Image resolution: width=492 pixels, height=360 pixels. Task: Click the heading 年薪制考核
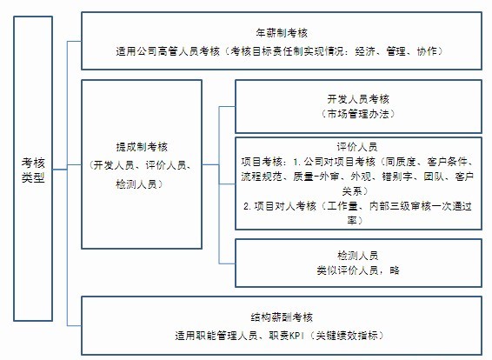(x=282, y=33)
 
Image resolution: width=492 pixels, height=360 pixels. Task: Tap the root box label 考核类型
(x=33, y=170)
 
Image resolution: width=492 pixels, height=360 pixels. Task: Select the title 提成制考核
(x=142, y=147)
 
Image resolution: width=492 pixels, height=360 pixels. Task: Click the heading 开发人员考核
(x=358, y=99)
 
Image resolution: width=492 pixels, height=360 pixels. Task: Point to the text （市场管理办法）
(x=358, y=114)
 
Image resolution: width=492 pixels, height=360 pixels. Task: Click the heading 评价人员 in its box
(x=357, y=147)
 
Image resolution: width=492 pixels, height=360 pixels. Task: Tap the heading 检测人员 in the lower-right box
(x=358, y=256)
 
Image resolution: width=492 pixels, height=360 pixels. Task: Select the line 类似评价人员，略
(x=358, y=270)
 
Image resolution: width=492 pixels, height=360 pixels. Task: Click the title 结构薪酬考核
(x=282, y=317)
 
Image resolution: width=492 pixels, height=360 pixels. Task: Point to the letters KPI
(x=296, y=336)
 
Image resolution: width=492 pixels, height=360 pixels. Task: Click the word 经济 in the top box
(x=365, y=50)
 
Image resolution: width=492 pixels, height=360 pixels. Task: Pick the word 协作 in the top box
(x=427, y=50)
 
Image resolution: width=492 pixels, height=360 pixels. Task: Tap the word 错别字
(x=397, y=177)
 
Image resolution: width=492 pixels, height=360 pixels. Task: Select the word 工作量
(x=342, y=206)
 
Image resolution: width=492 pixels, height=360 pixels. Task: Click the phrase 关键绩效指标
(x=347, y=336)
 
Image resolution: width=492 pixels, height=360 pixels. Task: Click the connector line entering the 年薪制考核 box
(x=75, y=41)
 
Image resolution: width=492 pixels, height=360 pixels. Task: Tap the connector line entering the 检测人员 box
(x=227, y=263)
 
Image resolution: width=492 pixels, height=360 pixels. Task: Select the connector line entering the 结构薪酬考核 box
(x=75, y=325)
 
